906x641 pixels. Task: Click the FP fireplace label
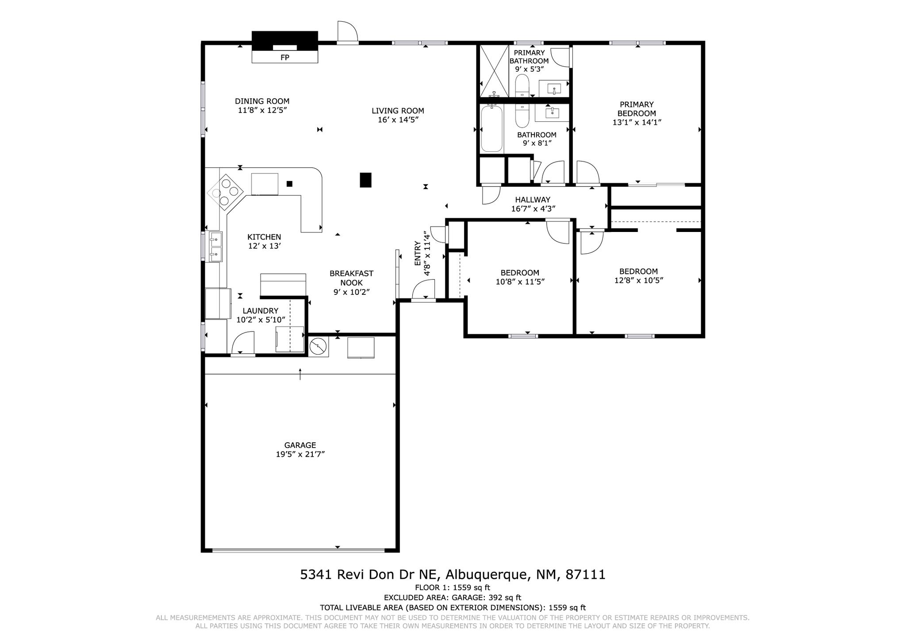pyautogui.click(x=284, y=58)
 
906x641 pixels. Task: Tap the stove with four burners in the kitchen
pyautogui.click(x=225, y=192)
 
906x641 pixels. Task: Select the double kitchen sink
pyautogui.click(x=215, y=247)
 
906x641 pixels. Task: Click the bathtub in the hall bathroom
pyautogui.click(x=492, y=128)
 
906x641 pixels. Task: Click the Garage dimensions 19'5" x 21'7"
pyautogui.click(x=300, y=454)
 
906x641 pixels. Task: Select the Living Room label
pyautogui.click(x=398, y=111)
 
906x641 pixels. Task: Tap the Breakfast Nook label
pyautogui.click(x=351, y=278)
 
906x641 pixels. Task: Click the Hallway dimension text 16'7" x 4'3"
pyautogui.click(x=533, y=209)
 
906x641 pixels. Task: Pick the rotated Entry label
pyautogui.click(x=417, y=253)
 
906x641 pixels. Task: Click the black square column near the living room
pyautogui.click(x=365, y=180)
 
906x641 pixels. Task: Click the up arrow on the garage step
pyautogui.click(x=300, y=374)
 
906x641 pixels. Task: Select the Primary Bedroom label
pyautogui.click(x=637, y=109)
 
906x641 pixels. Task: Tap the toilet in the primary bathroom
pyautogui.click(x=522, y=86)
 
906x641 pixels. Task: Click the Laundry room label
pyautogui.click(x=260, y=311)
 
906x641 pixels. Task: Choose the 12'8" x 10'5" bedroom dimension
pyautogui.click(x=638, y=280)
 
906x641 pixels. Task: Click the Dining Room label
pyautogui.click(x=262, y=101)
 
